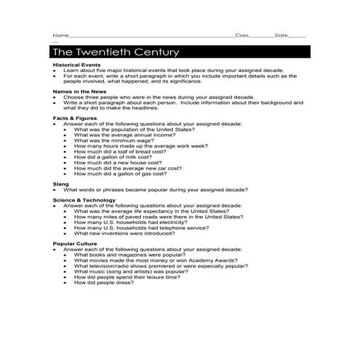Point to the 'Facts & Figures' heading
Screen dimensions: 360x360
[74, 117]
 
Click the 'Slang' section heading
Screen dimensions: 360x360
[60, 184]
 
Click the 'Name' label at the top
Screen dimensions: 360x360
[60, 35]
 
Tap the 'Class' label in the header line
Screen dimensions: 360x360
[242, 35]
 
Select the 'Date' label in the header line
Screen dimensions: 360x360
[281, 35]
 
